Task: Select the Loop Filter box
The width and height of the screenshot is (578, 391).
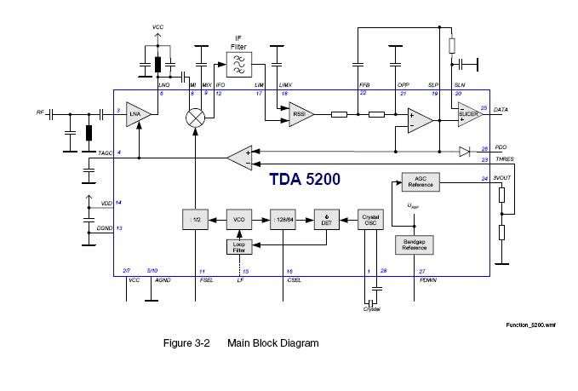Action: point(239,246)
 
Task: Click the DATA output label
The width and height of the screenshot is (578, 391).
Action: point(501,110)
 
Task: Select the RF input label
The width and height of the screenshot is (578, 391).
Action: point(39,112)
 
